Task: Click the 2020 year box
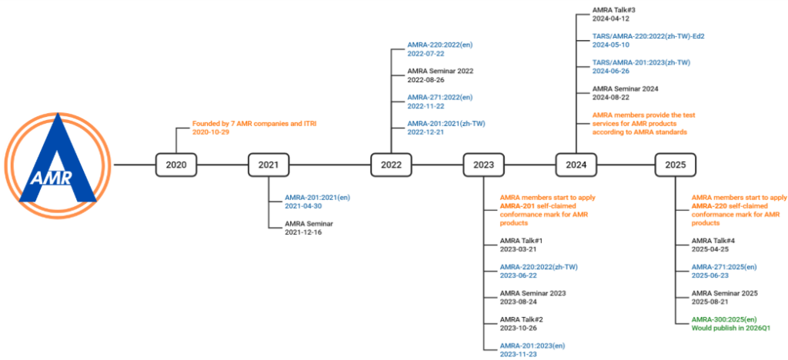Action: [175, 165]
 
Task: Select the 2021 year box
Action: [268, 165]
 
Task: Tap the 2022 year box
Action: [391, 165]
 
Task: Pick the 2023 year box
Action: [483, 165]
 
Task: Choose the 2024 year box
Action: [576, 165]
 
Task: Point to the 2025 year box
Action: [675, 165]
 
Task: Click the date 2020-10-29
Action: [210, 132]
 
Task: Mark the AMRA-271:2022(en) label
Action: [440, 97]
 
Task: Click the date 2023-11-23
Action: [518, 354]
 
